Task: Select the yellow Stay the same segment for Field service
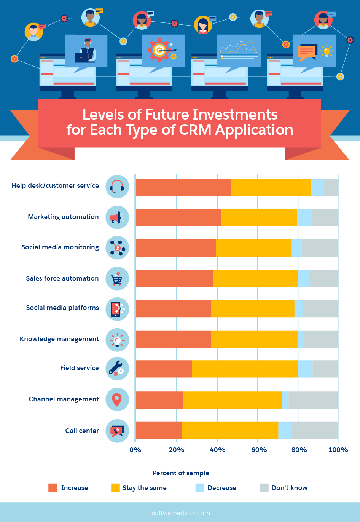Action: click(245, 369)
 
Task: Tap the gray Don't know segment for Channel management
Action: click(313, 400)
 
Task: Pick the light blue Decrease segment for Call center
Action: click(285, 431)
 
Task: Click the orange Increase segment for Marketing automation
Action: click(178, 217)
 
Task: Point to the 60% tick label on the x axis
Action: click(259, 450)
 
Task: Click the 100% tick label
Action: click(338, 450)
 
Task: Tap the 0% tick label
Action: click(135, 450)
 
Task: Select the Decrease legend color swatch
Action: click(200, 488)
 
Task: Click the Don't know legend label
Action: click(289, 488)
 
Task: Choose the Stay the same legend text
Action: click(145, 488)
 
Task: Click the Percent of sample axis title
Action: click(181, 473)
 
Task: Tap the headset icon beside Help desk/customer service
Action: click(117, 187)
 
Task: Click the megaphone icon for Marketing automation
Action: click(117, 217)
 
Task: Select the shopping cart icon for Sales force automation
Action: click(117, 279)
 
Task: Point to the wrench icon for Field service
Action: click(117, 369)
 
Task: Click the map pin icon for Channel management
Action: click(117, 400)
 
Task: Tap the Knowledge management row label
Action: click(59, 339)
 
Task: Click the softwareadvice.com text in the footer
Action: click(180, 513)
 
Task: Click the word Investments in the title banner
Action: click(235, 115)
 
